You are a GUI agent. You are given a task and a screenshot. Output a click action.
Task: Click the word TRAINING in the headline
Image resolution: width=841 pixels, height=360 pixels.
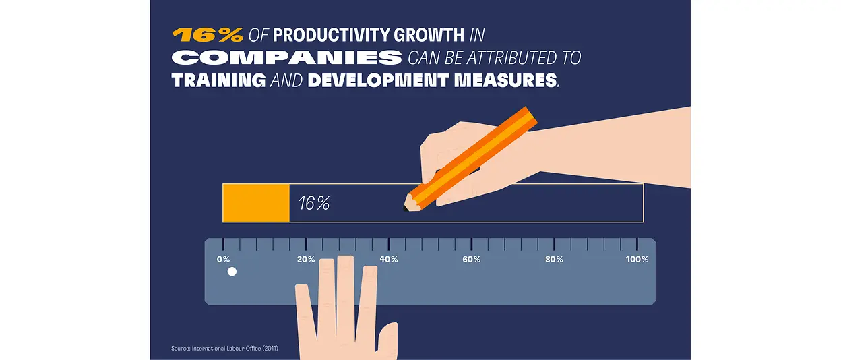pyautogui.click(x=218, y=80)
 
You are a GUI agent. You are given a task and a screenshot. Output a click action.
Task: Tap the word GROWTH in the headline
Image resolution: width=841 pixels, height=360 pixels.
pyautogui.click(x=430, y=35)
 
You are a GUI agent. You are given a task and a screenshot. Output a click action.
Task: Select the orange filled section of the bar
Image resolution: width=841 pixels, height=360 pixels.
pyautogui.click(x=256, y=203)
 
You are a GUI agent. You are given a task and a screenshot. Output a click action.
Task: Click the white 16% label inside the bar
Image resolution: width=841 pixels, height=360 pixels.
pyautogui.click(x=314, y=203)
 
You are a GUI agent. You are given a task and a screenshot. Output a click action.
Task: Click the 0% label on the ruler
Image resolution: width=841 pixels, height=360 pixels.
pyautogui.click(x=223, y=260)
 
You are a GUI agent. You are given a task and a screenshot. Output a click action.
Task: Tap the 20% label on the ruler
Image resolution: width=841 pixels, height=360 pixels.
pyautogui.click(x=306, y=260)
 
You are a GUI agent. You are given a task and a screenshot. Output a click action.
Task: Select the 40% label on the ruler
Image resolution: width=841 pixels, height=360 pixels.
pyautogui.click(x=389, y=260)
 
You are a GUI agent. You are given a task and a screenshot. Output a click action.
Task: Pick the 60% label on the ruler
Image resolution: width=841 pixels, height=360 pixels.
pyautogui.click(x=472, y=260)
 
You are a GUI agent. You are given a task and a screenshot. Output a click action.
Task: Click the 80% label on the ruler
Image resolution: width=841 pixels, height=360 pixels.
pyautogui.click(x=555, y=260)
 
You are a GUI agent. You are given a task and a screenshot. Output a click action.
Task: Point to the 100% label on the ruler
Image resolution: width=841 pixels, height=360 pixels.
pyautogui.click(x=637, y=260)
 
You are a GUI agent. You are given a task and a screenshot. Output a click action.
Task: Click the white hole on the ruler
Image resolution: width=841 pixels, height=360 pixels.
pyautogui.click(x=232, y=272)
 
